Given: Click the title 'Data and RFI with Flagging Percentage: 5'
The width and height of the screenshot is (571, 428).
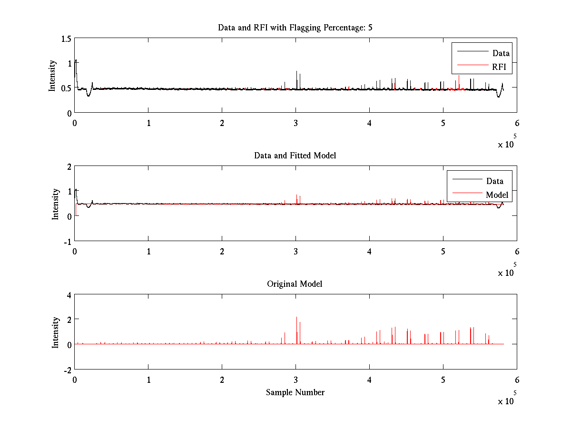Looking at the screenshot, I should pos(295,28).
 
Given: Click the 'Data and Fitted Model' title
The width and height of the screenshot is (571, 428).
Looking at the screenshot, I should pos(295,156).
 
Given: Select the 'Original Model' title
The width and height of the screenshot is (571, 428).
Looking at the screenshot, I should pos(295,284).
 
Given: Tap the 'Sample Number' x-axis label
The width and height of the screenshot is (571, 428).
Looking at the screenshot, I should pos(295,392).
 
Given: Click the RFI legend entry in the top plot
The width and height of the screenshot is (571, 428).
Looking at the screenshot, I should pos(502,68).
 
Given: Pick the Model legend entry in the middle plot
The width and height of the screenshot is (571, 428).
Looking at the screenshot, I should pos(497,195).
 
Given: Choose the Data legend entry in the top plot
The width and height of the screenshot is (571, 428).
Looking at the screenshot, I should pos(501,53).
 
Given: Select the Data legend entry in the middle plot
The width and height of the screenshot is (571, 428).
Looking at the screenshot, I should pos(495,181).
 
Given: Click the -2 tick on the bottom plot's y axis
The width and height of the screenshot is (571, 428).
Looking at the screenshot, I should pos(67,370).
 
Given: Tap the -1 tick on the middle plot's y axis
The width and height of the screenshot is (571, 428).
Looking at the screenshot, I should pos(67,241).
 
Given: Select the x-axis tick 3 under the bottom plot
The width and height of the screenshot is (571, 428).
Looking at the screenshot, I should pos(295,379).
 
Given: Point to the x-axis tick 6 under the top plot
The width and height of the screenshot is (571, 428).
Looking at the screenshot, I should pos(517,123).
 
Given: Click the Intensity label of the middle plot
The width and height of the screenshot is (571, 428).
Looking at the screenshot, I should pos(56,204).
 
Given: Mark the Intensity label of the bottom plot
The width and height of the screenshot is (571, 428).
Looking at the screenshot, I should pos(56,332).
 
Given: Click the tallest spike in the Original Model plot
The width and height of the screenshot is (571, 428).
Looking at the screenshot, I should pos(296,318).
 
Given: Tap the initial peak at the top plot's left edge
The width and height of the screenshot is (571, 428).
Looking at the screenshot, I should pos(76,60).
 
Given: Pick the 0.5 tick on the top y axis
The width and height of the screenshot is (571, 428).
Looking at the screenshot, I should pos(66,88).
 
